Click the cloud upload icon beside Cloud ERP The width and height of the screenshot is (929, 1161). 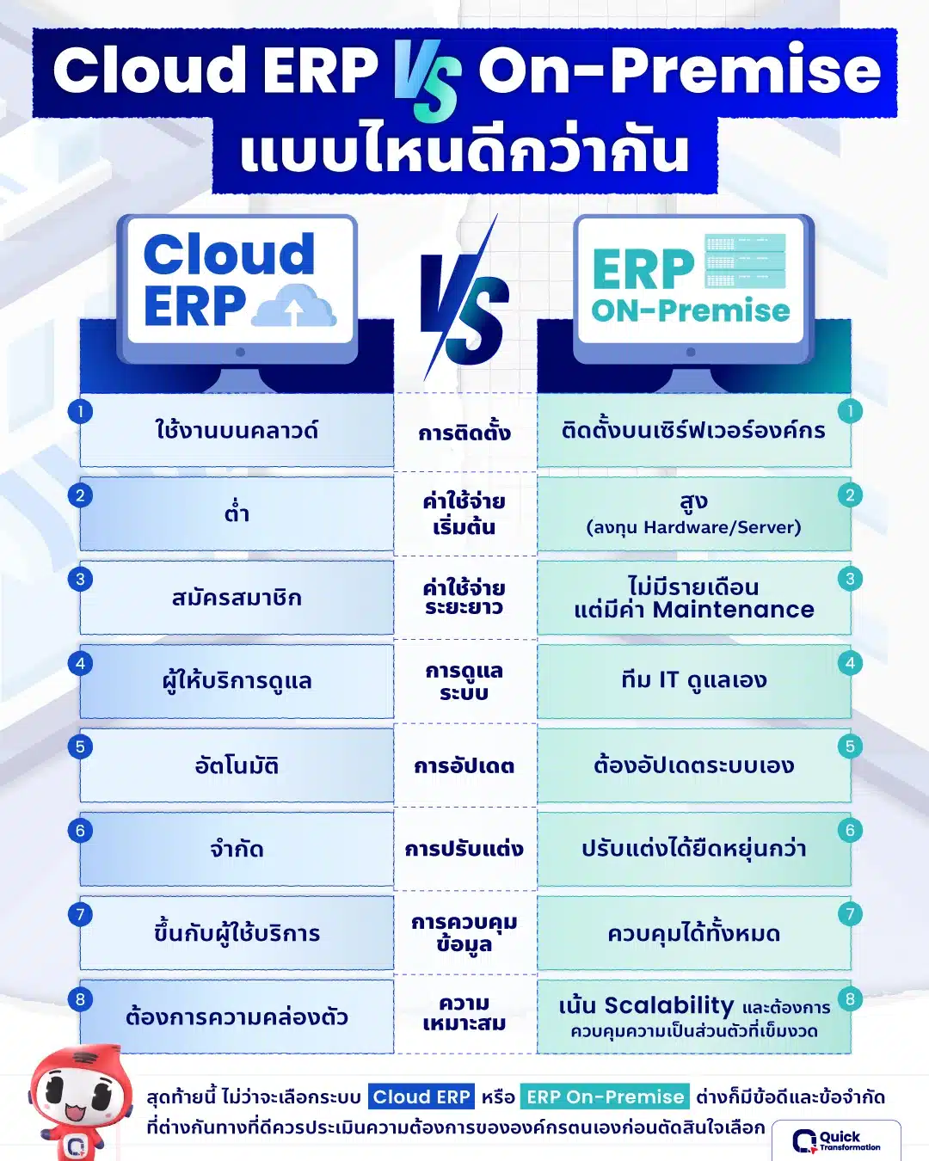(x=294, y=305)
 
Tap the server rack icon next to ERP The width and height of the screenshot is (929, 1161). (x=746, y=261)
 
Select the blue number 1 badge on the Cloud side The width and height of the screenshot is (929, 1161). (x=80, y=411)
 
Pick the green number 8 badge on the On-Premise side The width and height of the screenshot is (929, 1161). (x=850, y=998)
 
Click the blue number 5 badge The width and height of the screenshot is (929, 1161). (x=80, y=746)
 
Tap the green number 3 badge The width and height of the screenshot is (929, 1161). (x=850, y=579)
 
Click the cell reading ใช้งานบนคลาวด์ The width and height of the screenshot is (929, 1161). (x=237, y=430)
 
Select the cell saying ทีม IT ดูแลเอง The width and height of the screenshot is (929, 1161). (x=694, y=680)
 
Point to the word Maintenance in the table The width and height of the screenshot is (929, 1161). (x=733, y=610)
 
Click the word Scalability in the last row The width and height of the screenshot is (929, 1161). (x=669, y=1004)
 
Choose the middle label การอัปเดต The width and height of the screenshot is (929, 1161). (x=464, y=765)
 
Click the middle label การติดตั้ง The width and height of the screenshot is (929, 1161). (x=464, y=433)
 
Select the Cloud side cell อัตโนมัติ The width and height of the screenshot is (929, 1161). (x=237, y=765)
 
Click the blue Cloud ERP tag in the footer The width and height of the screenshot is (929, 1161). (x=421, y=1096)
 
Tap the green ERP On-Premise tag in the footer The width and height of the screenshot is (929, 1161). (x=605, y=1096)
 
